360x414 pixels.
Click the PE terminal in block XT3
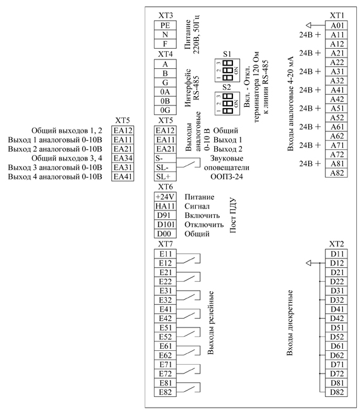[x=165, y=25]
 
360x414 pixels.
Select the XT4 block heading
[x=165, y=54]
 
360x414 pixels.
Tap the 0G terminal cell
[x=165, y=110]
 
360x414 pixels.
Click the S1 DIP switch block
[x=227, y=70]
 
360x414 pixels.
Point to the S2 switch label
[x=227, y=87]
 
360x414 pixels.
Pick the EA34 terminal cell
[x=123, y=158]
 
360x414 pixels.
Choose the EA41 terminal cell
[x=123, y=176]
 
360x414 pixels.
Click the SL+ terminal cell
[x=165, y=176]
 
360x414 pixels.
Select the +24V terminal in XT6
[x=165, y=197]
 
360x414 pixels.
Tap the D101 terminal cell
[x=165, y=224]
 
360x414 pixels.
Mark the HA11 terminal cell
[x=165, y=206]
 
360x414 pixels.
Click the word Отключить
[x=204, y=224]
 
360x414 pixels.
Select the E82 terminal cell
[x=165, y=393]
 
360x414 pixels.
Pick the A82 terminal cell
[x=337, y=173]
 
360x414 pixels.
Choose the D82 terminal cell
[x=337, y=393]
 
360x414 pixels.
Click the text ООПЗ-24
[x=227, y=176]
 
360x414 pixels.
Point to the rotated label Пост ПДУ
[x=233, y=215]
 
